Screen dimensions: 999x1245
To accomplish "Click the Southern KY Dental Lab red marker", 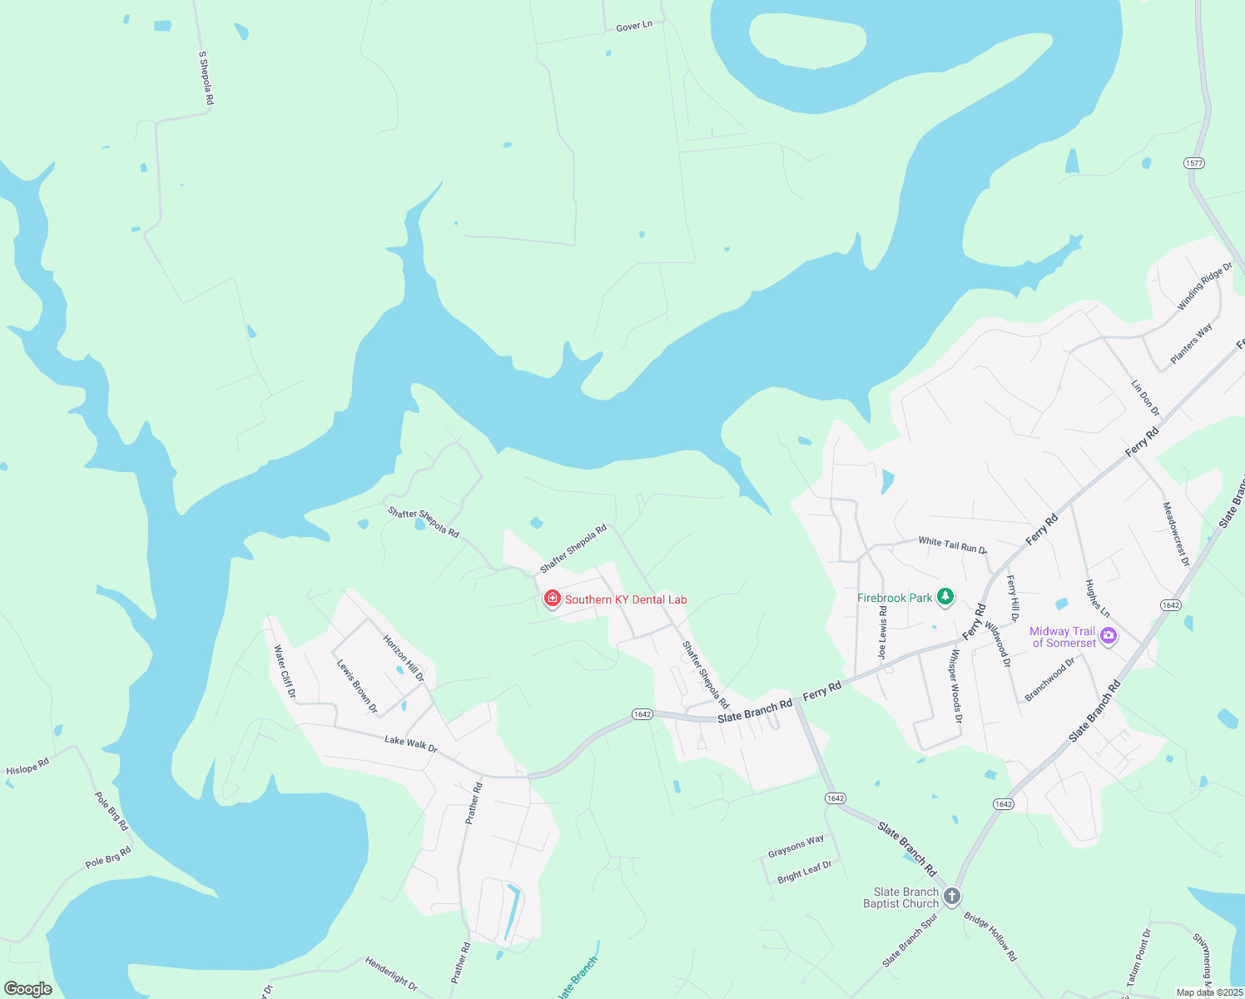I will coord(552,599).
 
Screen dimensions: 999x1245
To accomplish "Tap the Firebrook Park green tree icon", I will coord(945,596).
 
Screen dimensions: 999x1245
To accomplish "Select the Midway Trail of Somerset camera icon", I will coord(1108,637).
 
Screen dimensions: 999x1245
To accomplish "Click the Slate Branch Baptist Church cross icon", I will coord(952,897).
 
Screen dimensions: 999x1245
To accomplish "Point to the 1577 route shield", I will coord(1194,163).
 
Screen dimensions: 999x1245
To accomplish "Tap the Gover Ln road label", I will coord(634,27).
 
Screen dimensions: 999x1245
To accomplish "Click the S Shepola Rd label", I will coord(206,78).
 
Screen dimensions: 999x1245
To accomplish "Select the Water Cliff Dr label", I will coord(285,671).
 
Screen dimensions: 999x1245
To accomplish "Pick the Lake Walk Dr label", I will coord(411,743).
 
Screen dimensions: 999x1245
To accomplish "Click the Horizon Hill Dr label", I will coord(404,658).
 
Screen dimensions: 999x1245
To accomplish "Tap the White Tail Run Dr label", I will coord(952,545).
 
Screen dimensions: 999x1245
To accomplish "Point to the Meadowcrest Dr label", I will coord(1176,534).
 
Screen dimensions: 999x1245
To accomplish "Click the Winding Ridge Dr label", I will coord(1204,286).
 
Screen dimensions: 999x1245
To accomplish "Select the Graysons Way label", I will coord(796,846).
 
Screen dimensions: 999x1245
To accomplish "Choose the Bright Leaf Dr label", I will coord(804,872).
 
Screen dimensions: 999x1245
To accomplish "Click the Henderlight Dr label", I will coord(391,973).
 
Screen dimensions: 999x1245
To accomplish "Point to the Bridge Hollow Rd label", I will coord(990,937).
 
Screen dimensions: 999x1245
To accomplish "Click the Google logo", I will coord(27,988).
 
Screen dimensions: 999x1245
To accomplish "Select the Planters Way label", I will coord(1191,344).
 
